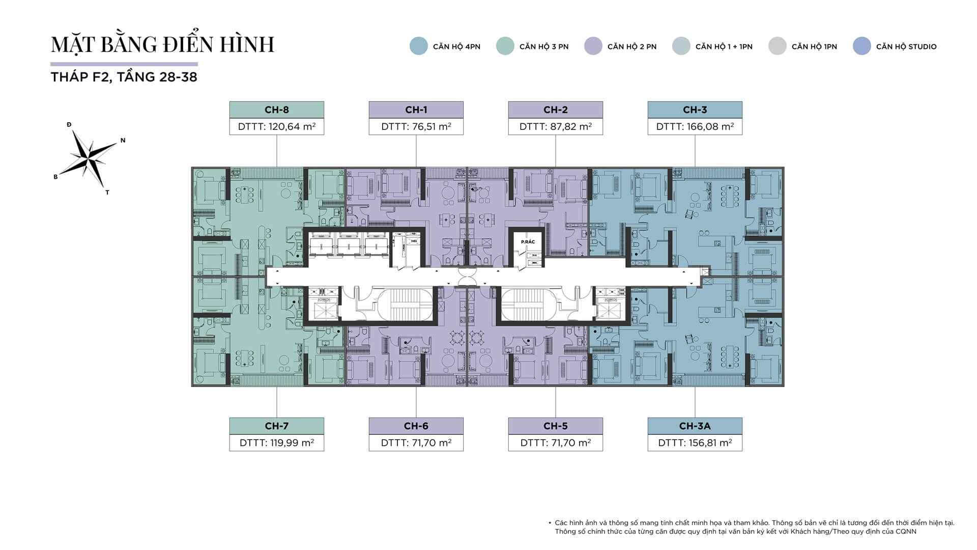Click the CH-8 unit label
tap(276, 109)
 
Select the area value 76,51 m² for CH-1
tap(416, 127)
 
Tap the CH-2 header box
tap(555, 109)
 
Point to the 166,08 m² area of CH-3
tap(695, 127)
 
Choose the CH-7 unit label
tap(276, 426)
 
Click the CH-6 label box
tap(416, 426)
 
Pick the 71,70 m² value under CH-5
tap(555, 443)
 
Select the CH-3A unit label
tap(695, 426)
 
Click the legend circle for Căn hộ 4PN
tap(418, 46)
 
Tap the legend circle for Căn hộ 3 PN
tap(505, 46)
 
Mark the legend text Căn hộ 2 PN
tap(631, 47)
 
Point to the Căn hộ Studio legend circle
tap(861, 46)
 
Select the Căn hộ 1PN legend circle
tap(777, 46)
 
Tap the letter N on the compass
tap(123, 141)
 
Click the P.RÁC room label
tap(528, 242)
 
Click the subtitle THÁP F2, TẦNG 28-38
tap(124, 77)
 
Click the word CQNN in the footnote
tap(906, 531)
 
